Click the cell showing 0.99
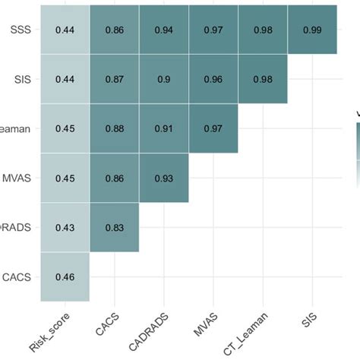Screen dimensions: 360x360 click(x=311, y=30)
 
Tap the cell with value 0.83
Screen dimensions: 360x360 click(x=114, y=227)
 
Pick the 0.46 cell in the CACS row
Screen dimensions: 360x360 click(x=65, y=276)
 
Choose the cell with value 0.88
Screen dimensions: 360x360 click(x=114, y=128)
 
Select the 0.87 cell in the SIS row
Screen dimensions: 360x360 click(x=114, y=79)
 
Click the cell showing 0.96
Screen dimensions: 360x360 click(x=213, y=79)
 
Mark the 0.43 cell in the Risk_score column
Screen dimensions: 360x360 click(x=65, y=227)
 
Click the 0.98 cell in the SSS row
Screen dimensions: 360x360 click(x=262, y=30)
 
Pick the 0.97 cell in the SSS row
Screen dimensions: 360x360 click(x=213, y=30)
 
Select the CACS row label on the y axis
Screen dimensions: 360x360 click(x=17, y=276)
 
